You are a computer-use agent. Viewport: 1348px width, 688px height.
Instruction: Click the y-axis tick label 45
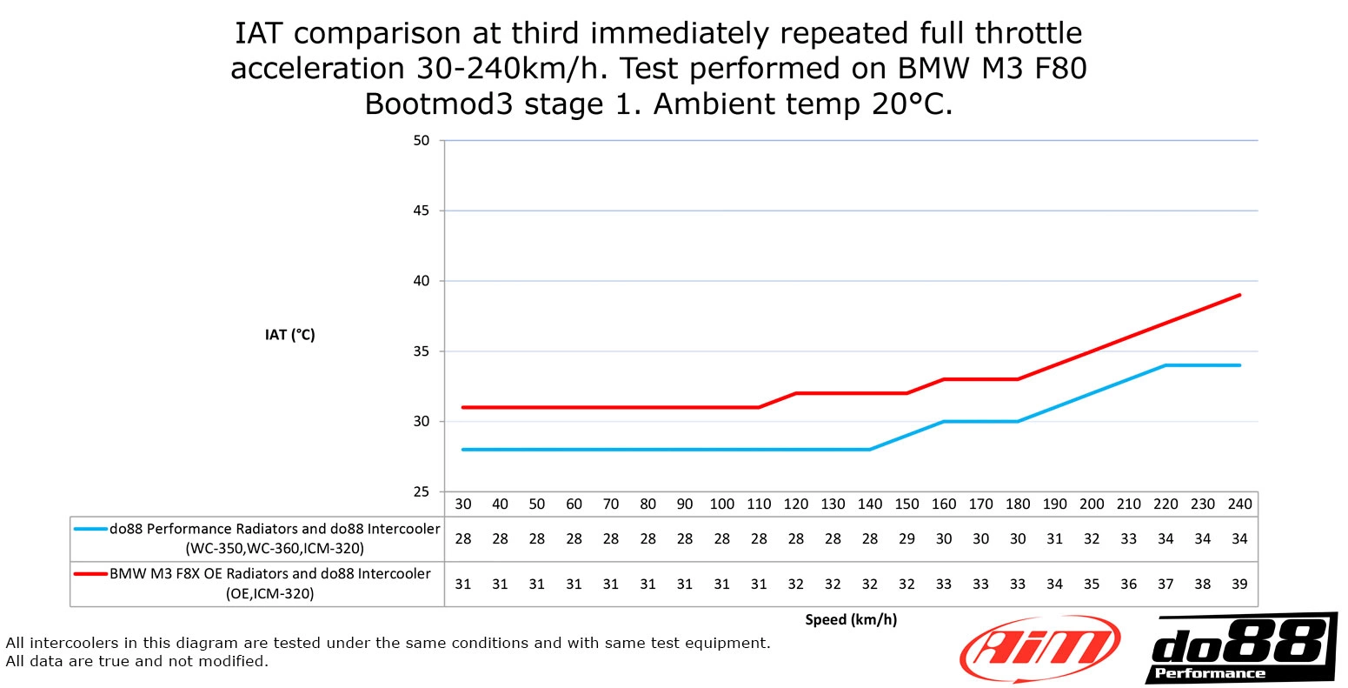(422, 210)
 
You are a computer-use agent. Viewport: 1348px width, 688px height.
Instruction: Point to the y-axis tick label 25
(422, 491)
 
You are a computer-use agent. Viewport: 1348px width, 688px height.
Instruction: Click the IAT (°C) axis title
(289, 335)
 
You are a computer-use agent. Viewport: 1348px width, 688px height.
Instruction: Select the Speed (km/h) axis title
(851, 619)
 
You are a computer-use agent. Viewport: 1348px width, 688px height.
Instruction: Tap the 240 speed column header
(1239, 504)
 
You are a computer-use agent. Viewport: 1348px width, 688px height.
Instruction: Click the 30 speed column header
(463, 504)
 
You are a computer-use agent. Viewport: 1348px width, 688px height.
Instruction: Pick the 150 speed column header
(906, 504)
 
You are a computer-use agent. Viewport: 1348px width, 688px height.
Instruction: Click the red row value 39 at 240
(1239, 584)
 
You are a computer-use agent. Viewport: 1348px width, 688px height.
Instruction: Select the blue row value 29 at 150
(906, 539)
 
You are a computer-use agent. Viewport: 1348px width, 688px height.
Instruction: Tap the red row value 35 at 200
(1092, 584)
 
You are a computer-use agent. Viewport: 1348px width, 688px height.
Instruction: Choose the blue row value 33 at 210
(1128, 539)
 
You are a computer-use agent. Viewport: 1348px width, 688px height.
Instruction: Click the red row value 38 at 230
(1203, 584)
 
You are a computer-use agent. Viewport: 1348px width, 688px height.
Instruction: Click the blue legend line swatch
(90, 529)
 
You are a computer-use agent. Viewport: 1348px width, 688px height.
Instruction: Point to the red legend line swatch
(90, 574)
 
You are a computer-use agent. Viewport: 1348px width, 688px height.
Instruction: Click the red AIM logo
(1039, 649)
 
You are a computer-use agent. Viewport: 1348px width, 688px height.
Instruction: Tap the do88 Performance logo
(1241, 649)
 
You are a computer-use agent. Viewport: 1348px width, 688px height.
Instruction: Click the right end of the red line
(1239, 295)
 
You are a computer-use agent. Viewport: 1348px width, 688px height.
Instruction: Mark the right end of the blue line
(1239, 365)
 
